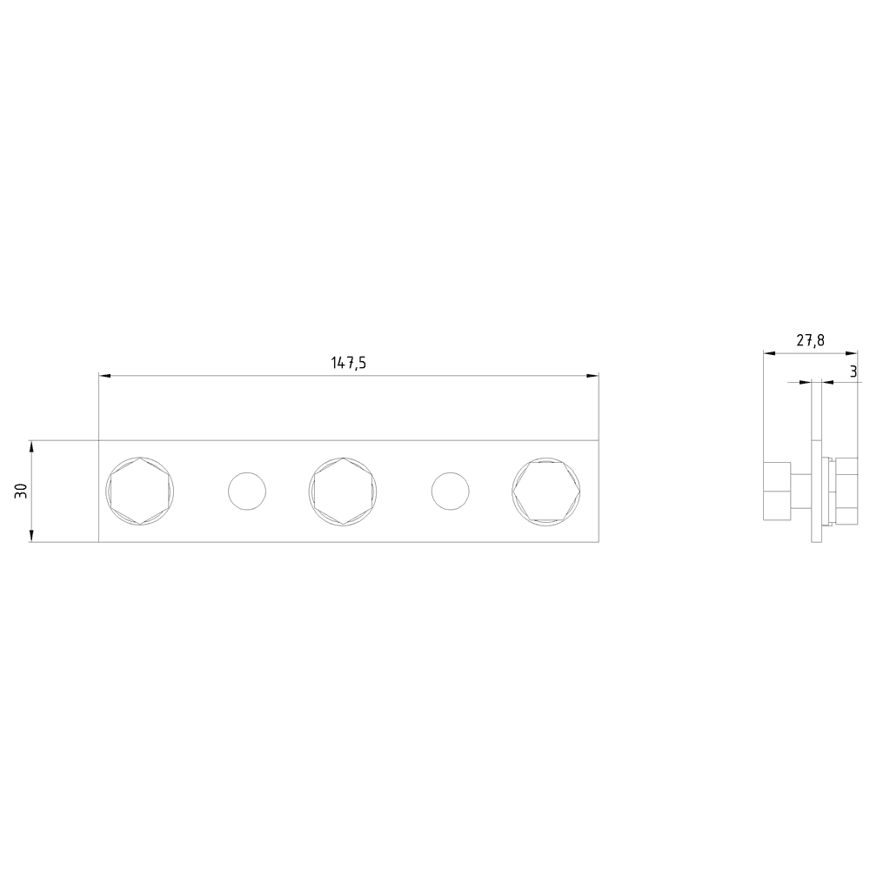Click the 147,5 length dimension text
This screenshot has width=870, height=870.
[x=348, y=364]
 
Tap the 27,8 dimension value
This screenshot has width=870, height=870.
[x=810, y=341]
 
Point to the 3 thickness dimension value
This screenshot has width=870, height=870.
[x=853, y=371]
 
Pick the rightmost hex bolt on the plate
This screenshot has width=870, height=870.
[x=546, y=491]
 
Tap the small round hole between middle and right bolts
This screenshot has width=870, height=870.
[x=450, y=491]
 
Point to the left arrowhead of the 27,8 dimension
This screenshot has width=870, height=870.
[x=768, y=353]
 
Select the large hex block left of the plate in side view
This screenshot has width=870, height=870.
[x=776, y=492]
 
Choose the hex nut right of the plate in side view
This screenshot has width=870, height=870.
[x=840, y=492]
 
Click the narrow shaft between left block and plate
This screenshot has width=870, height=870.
[x=800, y=492]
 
